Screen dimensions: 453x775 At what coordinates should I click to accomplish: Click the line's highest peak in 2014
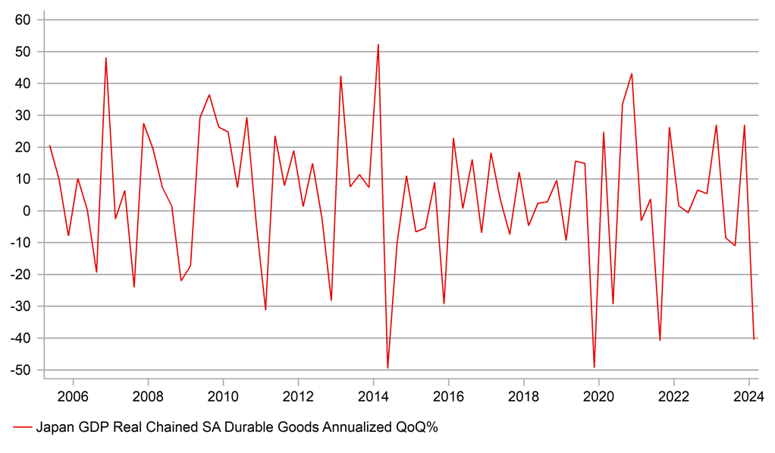[378, 45]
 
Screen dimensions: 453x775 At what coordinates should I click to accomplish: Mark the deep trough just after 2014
[387, 368]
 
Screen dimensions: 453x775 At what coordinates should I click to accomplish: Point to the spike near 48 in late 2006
[105, 58]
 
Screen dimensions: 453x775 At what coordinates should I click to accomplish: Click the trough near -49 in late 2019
[594, 367]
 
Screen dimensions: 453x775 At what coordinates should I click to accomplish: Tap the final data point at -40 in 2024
[754, 339]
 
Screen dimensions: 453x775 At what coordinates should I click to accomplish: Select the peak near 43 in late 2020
[632, 74]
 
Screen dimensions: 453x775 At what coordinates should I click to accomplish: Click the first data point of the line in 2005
[49, 146]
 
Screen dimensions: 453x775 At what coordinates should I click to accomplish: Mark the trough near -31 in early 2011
[265, 310]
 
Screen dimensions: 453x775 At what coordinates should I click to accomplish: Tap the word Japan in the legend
[53, 427]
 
